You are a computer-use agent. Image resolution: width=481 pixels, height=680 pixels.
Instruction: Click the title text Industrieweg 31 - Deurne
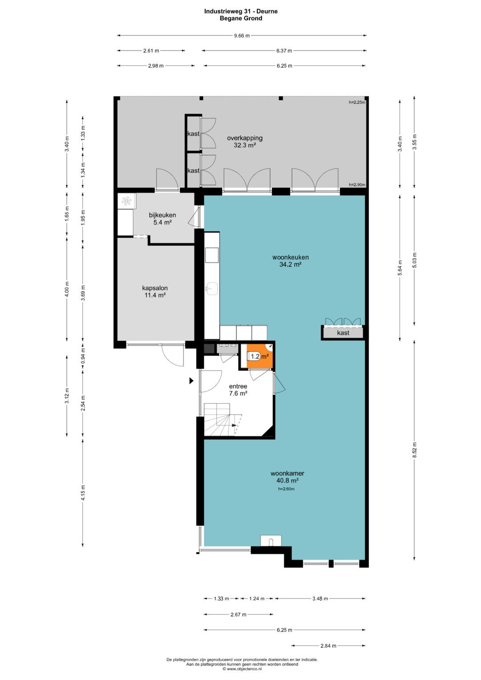[241, 12]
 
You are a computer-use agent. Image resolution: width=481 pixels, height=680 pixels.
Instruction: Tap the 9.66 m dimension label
[242, 36]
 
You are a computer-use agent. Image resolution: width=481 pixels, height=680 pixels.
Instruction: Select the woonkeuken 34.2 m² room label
[290, 261]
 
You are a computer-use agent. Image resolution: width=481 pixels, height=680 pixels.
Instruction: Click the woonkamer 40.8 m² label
[287, 477]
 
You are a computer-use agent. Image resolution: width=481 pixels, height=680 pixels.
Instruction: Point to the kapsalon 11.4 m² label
[155, 291]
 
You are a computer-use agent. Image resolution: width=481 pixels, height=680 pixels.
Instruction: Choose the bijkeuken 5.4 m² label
[163, 219]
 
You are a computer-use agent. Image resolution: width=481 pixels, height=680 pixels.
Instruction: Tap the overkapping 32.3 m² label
[245, 142]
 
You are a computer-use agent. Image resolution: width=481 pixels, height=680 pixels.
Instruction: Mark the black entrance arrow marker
[192, 381]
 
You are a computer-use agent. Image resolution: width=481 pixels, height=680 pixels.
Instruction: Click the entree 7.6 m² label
[238, 390]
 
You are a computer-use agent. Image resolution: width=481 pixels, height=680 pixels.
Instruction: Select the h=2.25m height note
[357, 102]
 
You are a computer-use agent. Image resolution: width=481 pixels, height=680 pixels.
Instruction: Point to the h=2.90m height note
[357, 184]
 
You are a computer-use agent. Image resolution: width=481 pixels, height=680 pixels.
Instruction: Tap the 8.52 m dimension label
[415, 450]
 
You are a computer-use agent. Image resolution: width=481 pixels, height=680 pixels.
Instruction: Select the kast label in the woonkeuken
[343, 333]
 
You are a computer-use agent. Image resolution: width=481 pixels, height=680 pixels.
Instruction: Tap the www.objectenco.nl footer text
[242, 669]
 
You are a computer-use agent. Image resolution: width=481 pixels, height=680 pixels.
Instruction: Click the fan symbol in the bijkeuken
[126, 201]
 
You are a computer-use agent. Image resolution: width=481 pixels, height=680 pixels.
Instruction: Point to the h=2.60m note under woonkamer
[286, 489]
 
